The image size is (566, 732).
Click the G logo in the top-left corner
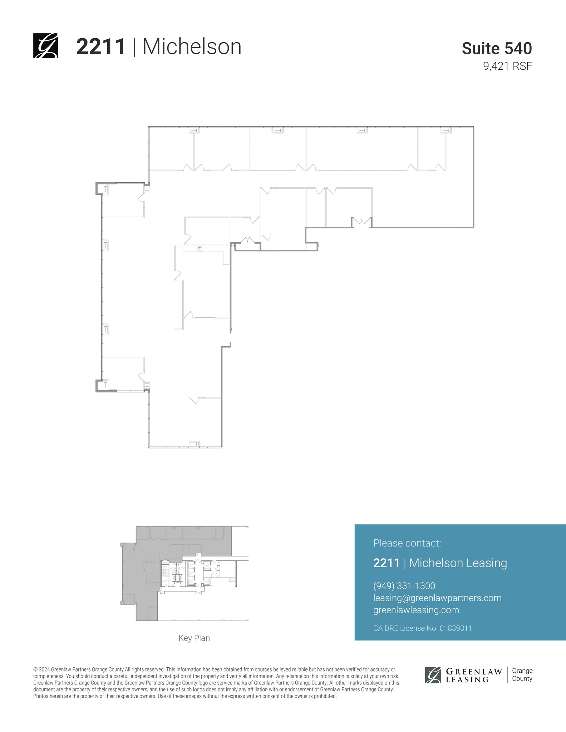(x=46, y=46)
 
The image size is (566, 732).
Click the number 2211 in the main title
(x=101, y=47)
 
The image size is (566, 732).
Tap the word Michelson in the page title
(x=192, y=47)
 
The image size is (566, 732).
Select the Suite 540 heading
(x=497, y=48)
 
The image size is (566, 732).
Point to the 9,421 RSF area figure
(x=507, y=66)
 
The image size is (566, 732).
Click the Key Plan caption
(x=194, y=638)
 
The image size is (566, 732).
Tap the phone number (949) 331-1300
(x=404, y=586)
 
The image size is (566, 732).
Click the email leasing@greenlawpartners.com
(x=437, y=598)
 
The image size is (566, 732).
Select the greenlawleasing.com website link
(x=416, y=610)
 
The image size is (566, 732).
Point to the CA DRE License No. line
(x=422, y=628)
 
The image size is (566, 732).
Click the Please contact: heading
(x=407, y=543)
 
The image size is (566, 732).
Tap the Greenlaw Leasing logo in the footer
(x=463, y=675)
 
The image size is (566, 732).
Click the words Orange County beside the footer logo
(x=522, y=675)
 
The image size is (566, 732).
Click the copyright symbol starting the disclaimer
(x=35, y=669)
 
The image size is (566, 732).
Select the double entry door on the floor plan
(x=361, y=223)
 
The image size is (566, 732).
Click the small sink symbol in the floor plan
(x=199, y=248)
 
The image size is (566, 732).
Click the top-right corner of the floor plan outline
(x=473, y=127)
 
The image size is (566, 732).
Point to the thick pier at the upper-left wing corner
(x=99, y=188)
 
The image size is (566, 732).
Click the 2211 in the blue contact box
(x=386, y=563)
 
